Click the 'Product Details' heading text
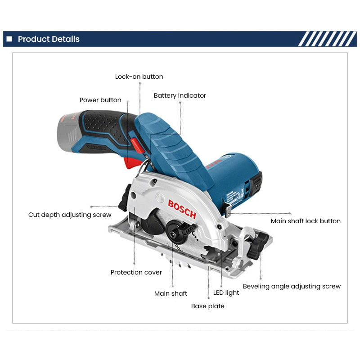click(x=49, y=39)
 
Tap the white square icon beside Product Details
click(x=9, y=39)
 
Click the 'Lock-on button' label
click(x=139, y=76)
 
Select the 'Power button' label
click(x=100, y=100)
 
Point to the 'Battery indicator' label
click(x=180, y=95)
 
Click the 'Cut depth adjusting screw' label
click(x=70, y=215)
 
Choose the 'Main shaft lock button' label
click(x=306, y=221)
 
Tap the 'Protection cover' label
click(x=136, y=272)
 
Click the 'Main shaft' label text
click(x=171, y=293)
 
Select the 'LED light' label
click(x=226, y=292)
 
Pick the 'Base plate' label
click(x=207, y=306)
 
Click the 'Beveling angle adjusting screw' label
click(x=292, y=286)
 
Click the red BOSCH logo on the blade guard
click(x=182, y=209)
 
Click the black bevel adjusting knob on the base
click(x=260, y=245)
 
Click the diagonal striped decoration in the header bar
click(x=327, y=39)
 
